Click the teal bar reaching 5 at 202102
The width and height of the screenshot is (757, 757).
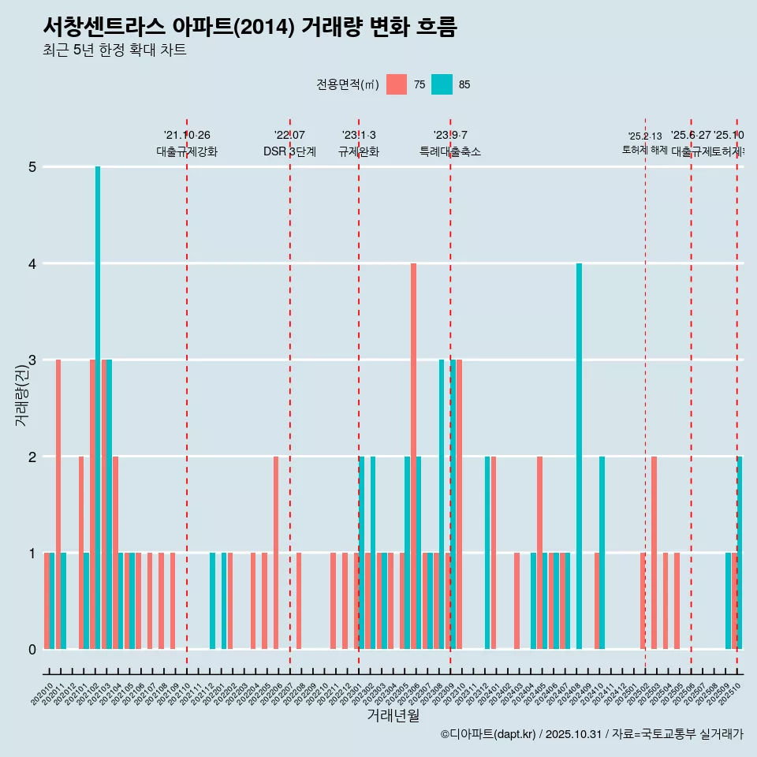[x=98, y=408]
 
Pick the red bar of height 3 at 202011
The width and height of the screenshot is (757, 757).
[x=58, y=504]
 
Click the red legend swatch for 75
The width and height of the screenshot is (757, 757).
[x=397, y=84]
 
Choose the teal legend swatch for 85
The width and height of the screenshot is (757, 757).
[x=442, y=84]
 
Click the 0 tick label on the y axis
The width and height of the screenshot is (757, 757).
[x=32, y=649]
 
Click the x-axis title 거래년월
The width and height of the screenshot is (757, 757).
[x=393, y=715]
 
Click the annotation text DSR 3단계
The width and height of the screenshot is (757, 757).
[x=289, y=151]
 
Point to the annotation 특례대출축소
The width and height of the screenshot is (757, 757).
[x=449, y=151]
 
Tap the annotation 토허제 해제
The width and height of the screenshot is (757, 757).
[x=644, y=150]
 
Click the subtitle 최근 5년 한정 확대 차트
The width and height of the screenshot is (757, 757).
[x=114, y=50]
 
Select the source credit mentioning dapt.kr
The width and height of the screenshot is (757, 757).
[x=591, y=734]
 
